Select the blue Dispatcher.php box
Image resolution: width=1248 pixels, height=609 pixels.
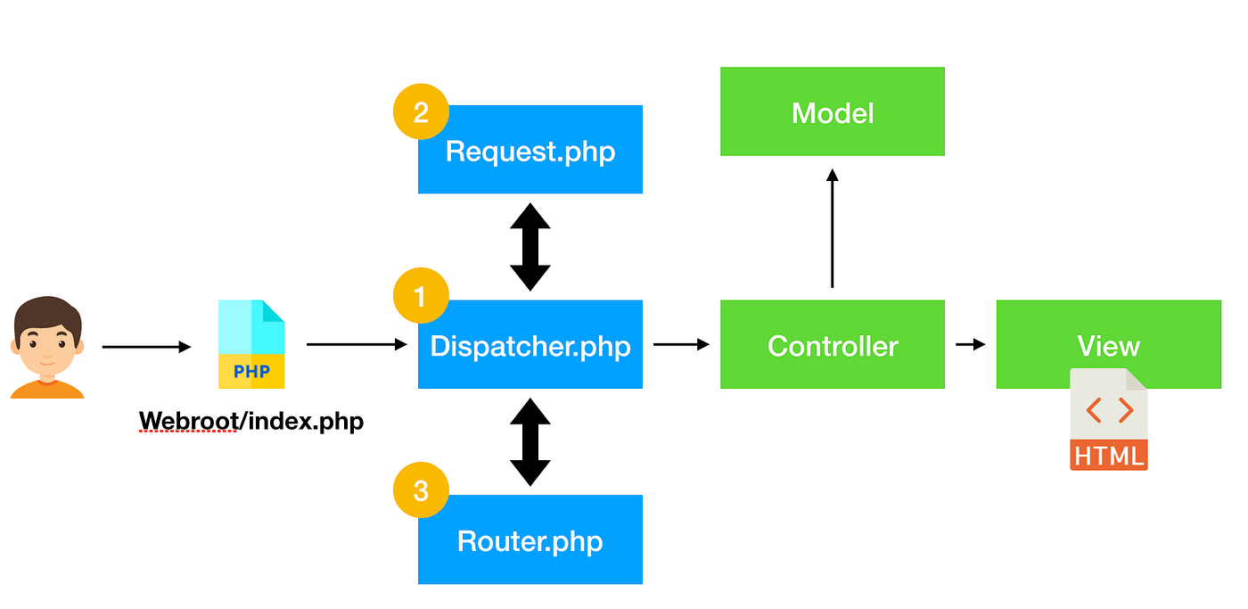click(x=530, y=345)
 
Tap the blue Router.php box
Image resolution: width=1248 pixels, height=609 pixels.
click(x=530, y=540)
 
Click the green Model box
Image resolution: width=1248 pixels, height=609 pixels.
click(x=832, y=112)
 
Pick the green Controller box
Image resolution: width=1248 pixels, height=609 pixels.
click(x=832, y=345)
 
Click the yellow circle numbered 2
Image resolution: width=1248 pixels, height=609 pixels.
click(x=421, y=111)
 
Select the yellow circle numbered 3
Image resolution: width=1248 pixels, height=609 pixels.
click(x=421, y=490)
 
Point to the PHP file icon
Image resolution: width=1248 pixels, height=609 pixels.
click(x=251, y=344)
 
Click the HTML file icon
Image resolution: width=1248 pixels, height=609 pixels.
click(x=1108, y=419)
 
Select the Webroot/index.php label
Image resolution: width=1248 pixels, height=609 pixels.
click(x=251, y=421)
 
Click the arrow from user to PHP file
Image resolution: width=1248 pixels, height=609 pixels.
click(x=146, y=347)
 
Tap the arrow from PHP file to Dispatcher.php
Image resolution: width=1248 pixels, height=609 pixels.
click(x=356, y=344)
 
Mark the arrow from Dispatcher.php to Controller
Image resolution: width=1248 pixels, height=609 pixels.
click(x=681, y=344)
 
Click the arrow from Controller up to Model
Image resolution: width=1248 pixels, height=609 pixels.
click(x=832, y=227)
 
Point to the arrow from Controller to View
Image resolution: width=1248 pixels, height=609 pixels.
click(x=970, y=344)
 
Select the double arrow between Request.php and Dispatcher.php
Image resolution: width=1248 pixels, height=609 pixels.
click(x=530, y=247)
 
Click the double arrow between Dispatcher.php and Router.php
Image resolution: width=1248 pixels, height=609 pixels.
click(x=530, y=441)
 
